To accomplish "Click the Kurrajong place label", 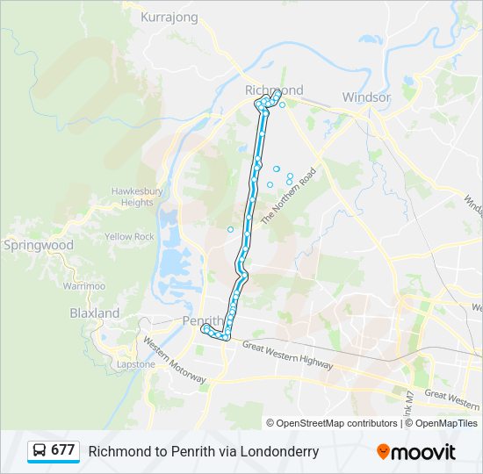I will (169, 17).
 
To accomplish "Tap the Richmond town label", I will (274, 90).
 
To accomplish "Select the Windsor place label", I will (366, 97).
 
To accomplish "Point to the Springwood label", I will (39, 246).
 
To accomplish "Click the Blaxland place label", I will (95, 312).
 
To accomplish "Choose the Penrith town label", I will (202, 320).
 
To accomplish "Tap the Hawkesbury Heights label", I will (132, 197).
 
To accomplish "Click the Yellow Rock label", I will (129, 237).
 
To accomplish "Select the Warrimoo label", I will (84, 286).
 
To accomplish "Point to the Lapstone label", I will (136, 364).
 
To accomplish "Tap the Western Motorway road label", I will (175, 360).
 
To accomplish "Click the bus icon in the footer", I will (40, 451).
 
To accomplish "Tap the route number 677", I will (62, 450).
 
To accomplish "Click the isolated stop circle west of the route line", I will (230, 230).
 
